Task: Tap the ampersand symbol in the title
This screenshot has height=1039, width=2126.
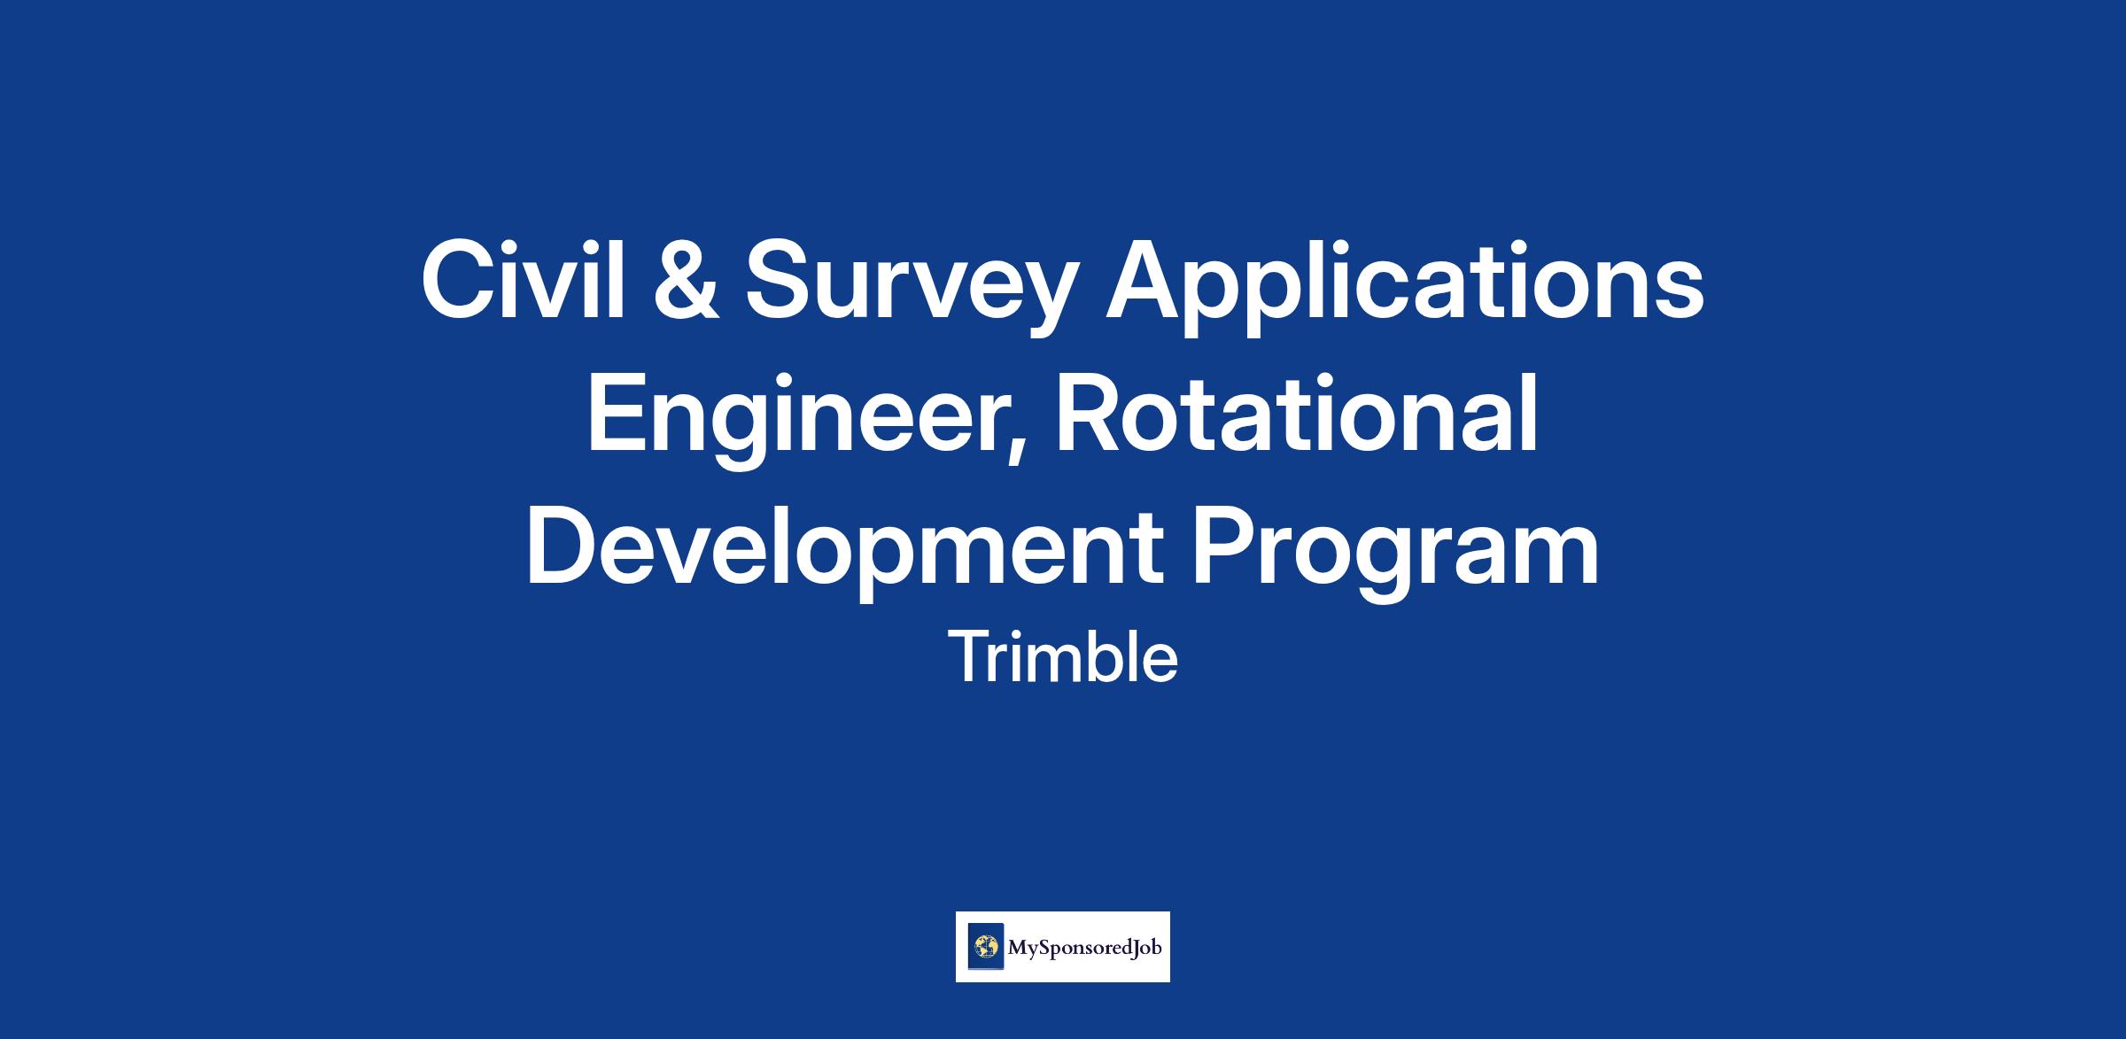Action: tap(686, 280)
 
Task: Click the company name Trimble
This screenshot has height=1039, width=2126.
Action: tap(1063, 658)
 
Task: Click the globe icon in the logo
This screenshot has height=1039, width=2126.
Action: tap(985, 947)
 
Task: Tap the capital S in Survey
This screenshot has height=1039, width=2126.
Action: tap(778, 280)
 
